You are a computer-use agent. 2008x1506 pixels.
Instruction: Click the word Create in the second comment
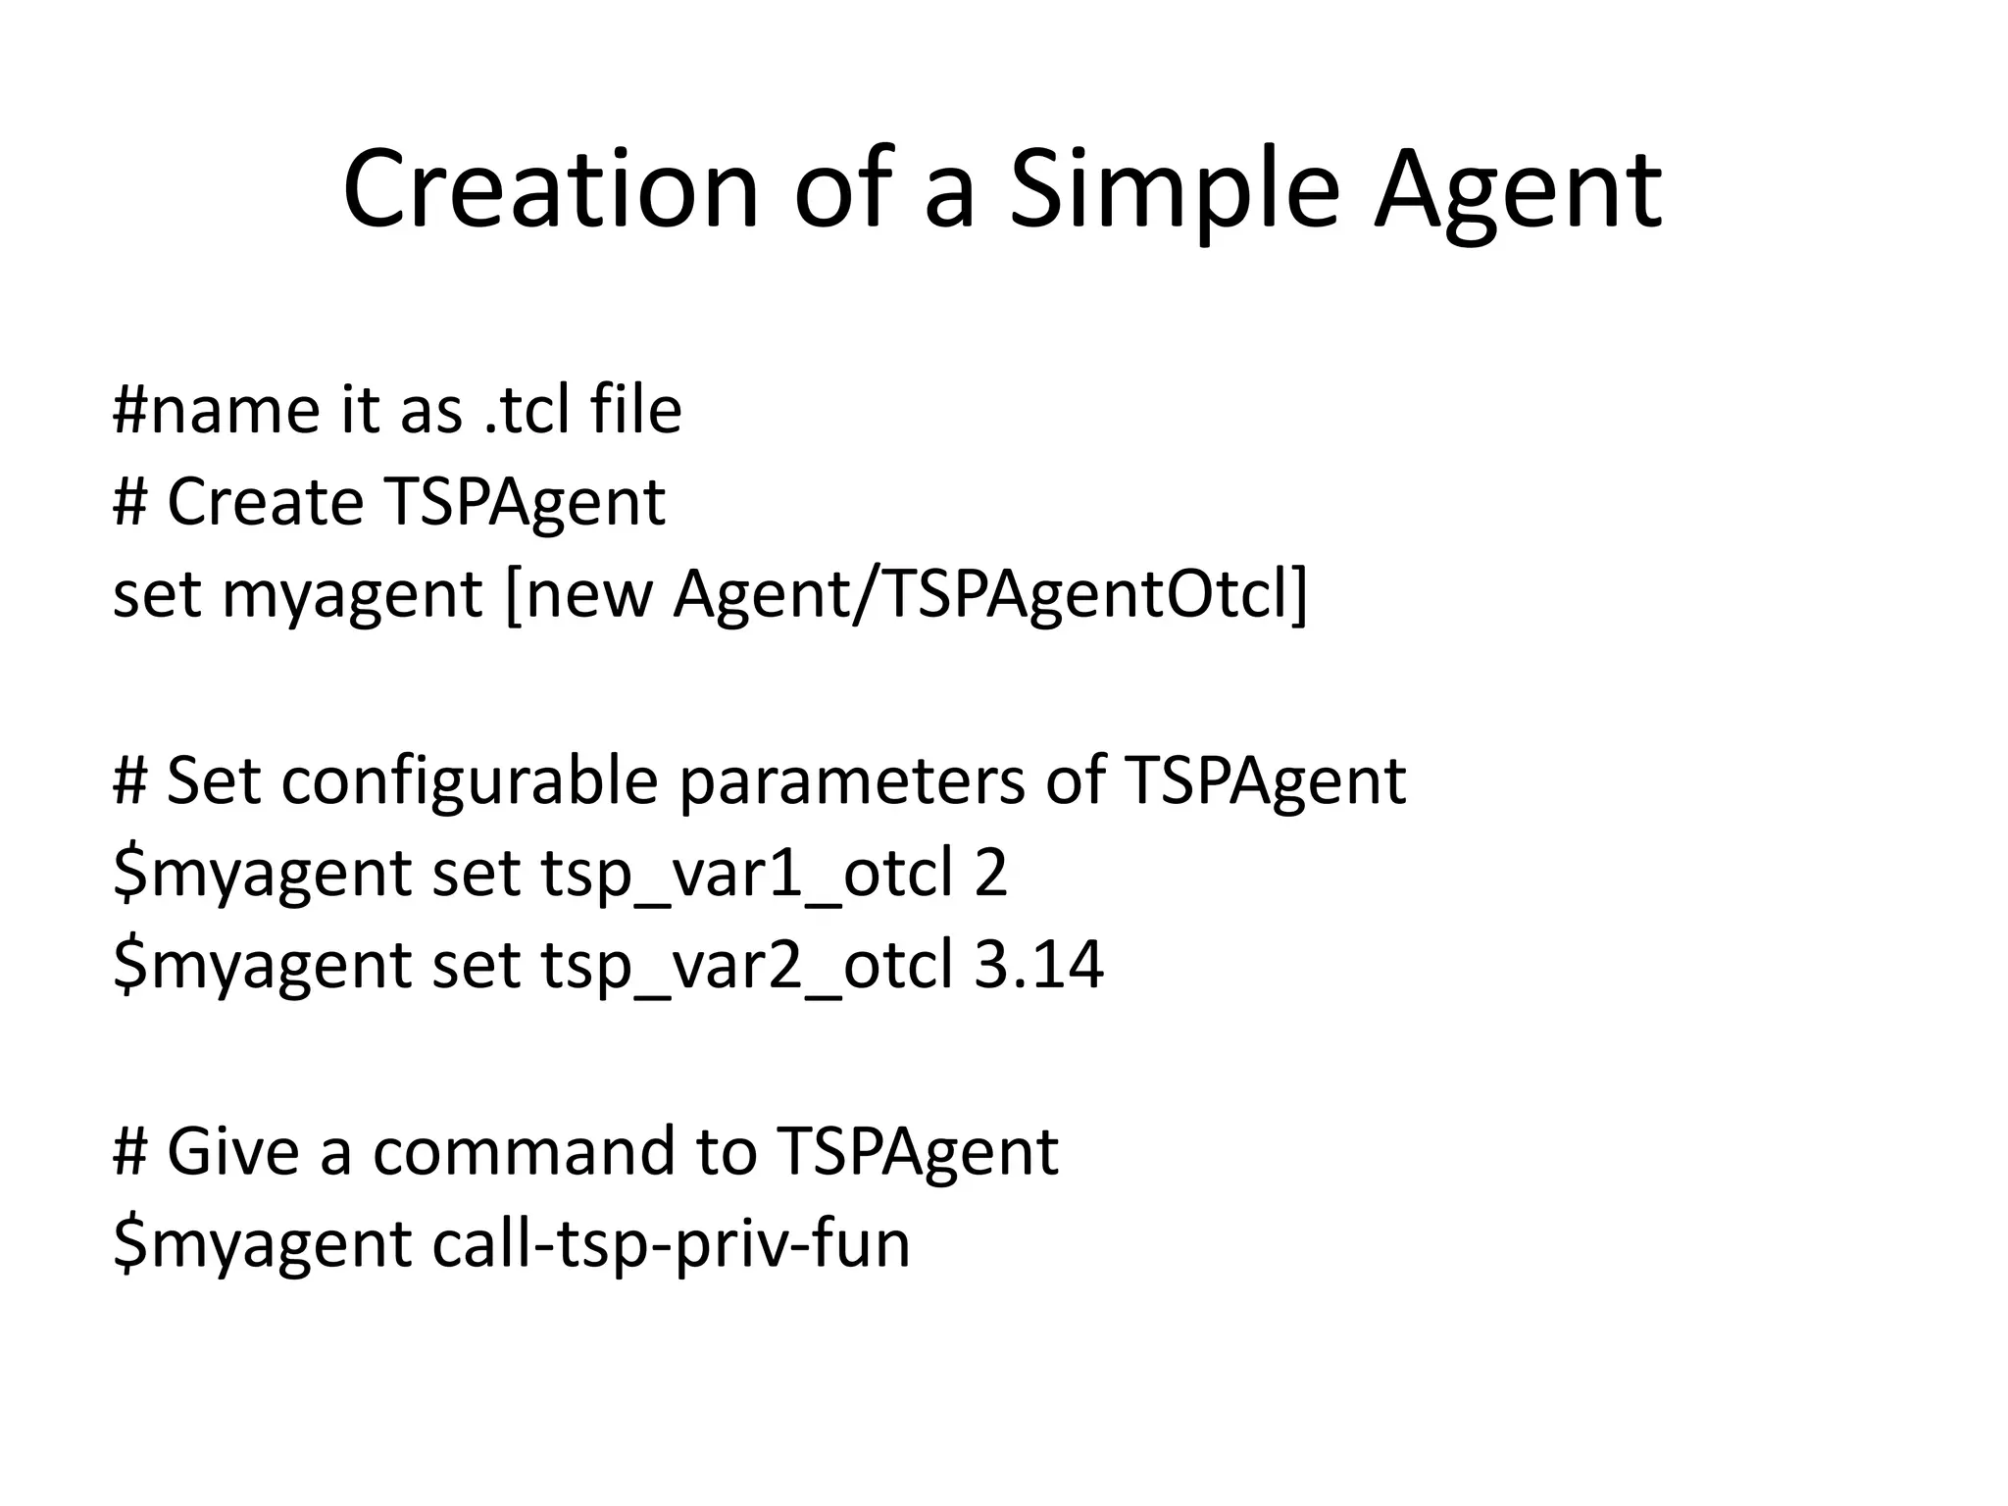click(x=266, y=502)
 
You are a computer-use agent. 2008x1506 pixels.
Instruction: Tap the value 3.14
click(x=1039, y=965)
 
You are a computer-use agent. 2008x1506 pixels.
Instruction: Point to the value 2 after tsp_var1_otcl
click(x=990, y=873)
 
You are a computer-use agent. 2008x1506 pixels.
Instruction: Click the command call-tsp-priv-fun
click(x=671, y=1243)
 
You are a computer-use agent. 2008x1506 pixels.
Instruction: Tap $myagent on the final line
click(x=262, y=1243)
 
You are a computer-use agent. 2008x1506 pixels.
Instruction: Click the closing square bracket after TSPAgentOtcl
click(x=1299, y=594)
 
